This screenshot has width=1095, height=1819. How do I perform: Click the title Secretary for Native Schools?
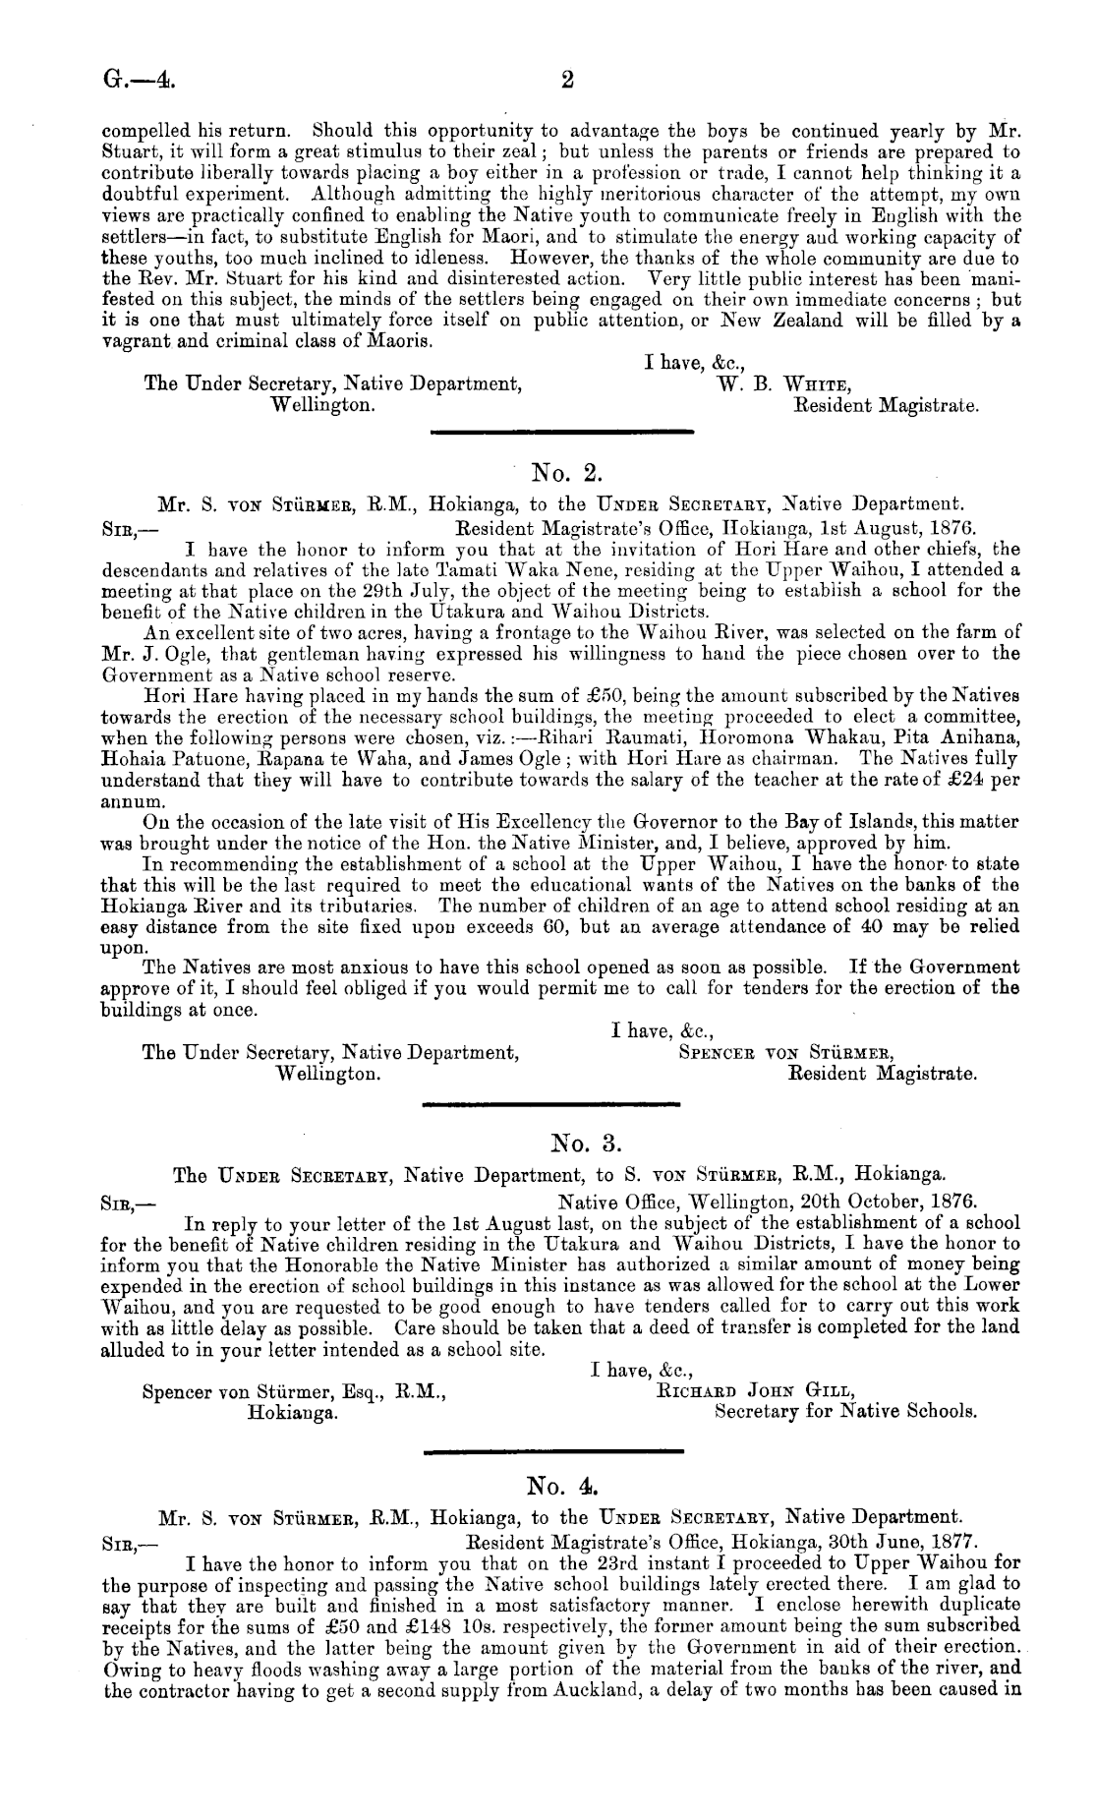[x=845, y=1412]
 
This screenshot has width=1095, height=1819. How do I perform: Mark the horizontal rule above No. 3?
[x=551, y=1108]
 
